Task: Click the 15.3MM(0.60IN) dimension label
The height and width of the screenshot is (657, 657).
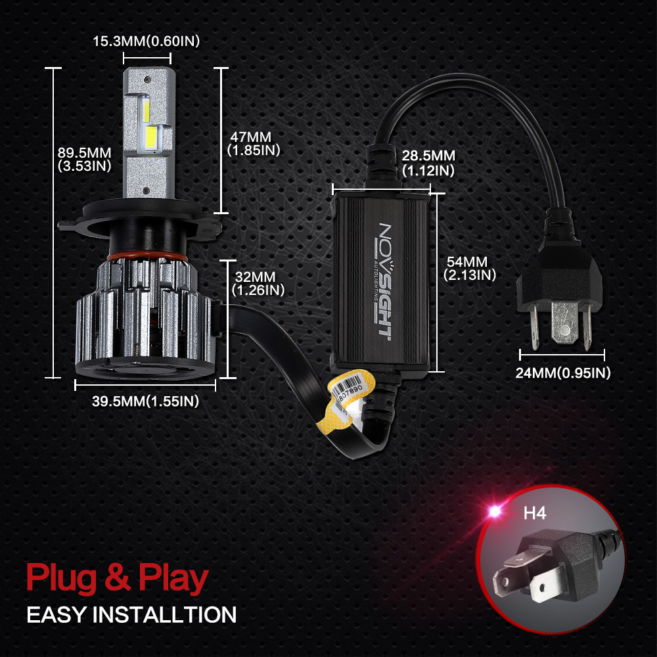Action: click(146, 41)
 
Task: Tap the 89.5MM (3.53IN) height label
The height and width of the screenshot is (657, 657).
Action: click(85, 159)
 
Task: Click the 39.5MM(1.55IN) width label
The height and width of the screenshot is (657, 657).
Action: click(145, 401)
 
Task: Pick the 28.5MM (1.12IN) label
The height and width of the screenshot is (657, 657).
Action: click(428, 162)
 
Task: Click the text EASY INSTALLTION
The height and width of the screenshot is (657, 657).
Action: click(131, 615)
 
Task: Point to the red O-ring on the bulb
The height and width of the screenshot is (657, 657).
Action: click(147, 256)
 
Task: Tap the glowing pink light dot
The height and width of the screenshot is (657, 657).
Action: click(492, 510)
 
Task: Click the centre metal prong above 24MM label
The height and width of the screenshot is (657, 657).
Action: click(564, 325)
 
